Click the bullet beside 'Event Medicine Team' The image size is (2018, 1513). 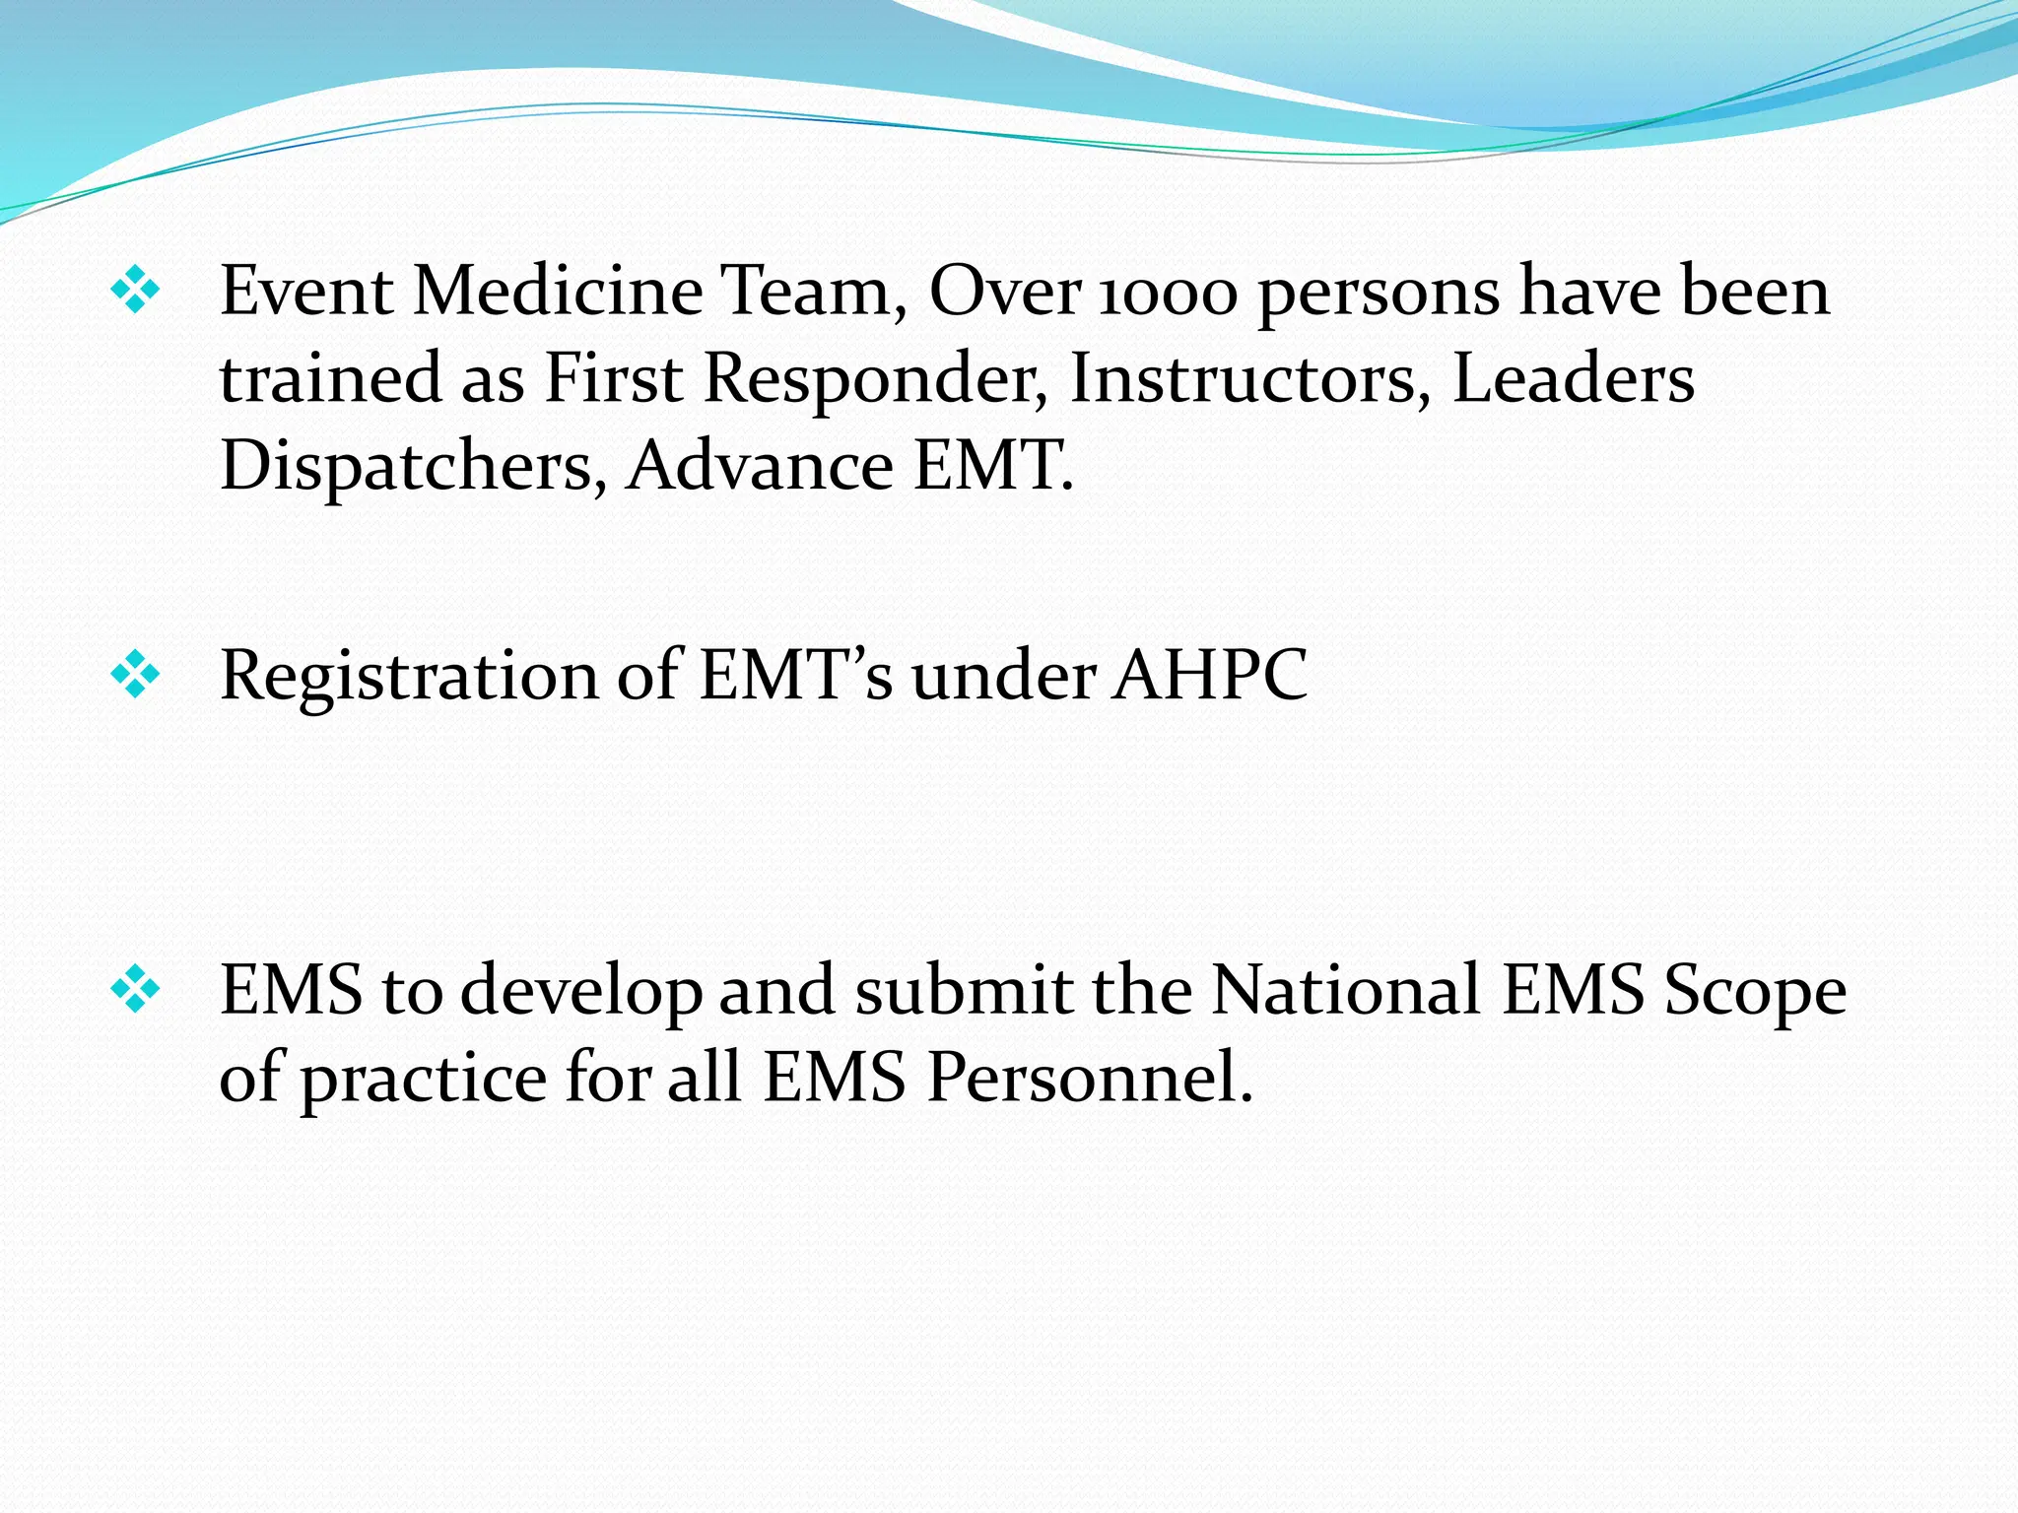[135, 293]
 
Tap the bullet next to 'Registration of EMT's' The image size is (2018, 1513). [135, 677]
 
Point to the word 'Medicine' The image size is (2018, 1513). [558, 292]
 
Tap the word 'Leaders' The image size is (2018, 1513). [1574, 378]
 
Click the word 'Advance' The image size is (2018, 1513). [760, 465]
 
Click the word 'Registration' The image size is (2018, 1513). [409, 678]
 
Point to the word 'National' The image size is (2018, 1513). [1345, 989]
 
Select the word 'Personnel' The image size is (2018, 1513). [1089, 1077]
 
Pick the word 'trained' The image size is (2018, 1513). [331, 379]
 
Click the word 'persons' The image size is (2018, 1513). [1379, 296]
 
